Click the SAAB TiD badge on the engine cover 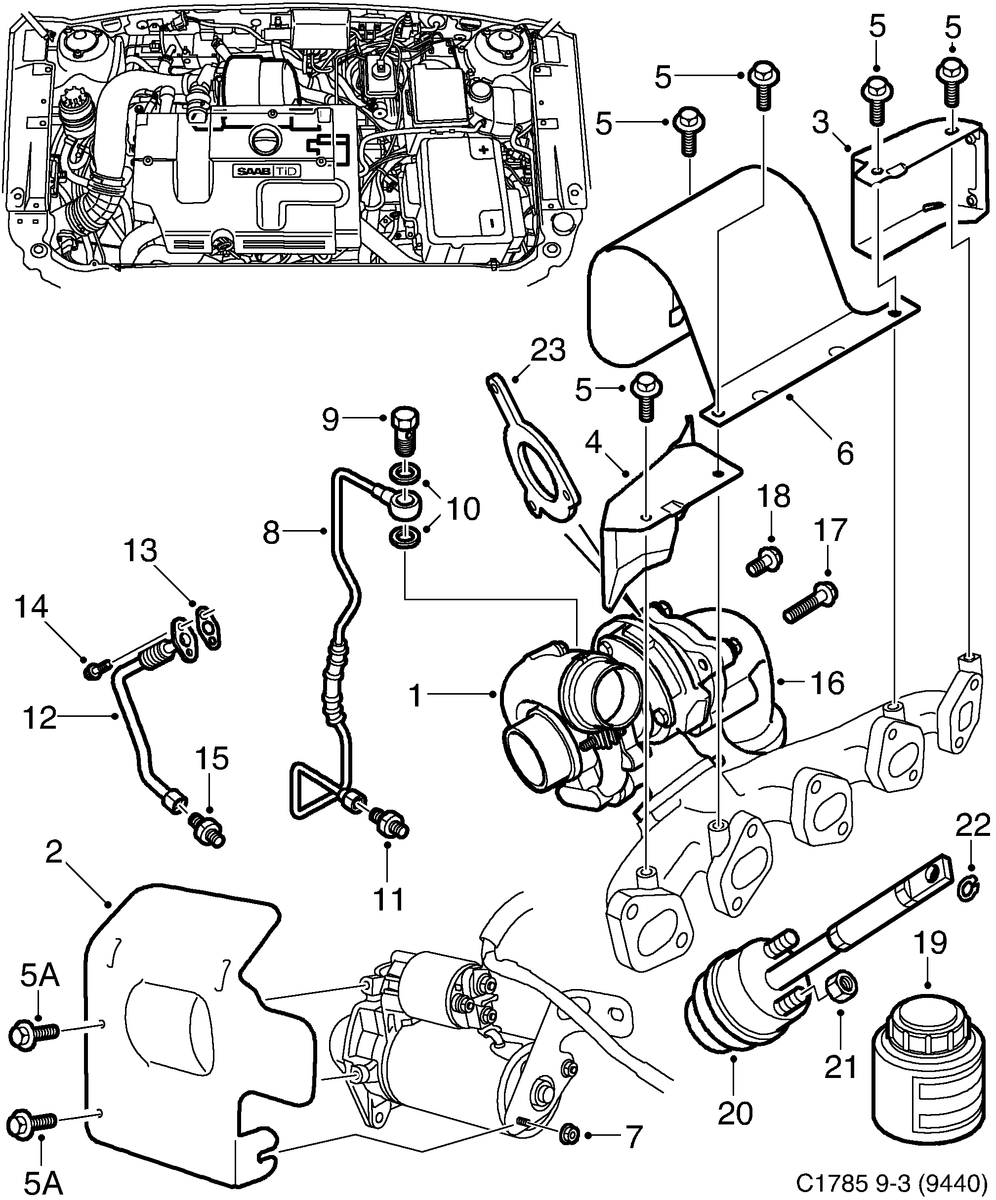tap(266, 171)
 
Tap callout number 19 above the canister tap(931, 944)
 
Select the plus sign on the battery tap(484, 150)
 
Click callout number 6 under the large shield tap(844, 453)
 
